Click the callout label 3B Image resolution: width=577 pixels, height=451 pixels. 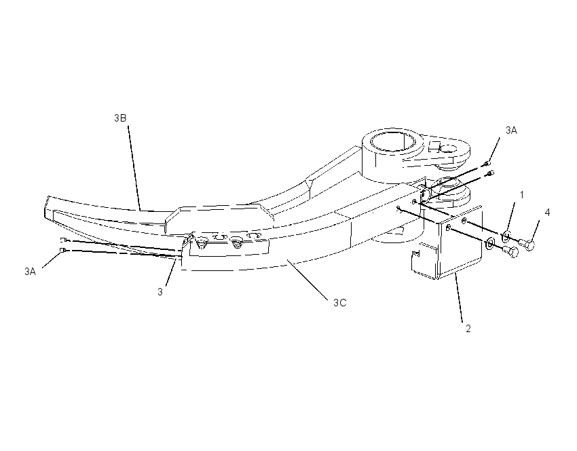point(120,118)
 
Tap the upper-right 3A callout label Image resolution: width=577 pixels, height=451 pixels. point(511,130)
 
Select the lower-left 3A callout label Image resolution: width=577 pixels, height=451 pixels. point(30,272)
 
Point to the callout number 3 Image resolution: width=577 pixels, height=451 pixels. point(160,291)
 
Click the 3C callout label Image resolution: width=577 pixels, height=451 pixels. point(339,303)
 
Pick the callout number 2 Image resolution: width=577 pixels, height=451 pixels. point(468,329)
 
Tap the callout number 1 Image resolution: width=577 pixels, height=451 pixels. point(521,195)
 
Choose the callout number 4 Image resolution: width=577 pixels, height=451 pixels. point(547,213)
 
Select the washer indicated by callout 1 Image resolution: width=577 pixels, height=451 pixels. point(506,235)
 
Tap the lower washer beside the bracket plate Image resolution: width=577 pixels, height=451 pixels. point(490,243)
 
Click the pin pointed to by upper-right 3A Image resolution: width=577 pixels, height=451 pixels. point(487,164)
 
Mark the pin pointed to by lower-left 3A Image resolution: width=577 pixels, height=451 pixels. point(62,251)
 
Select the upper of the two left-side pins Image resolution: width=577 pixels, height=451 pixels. point(62,240)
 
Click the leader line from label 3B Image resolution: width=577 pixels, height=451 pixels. point(134,168)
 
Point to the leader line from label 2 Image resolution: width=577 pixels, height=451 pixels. point(460,297)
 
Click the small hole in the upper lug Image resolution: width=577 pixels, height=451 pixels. point(448,149)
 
